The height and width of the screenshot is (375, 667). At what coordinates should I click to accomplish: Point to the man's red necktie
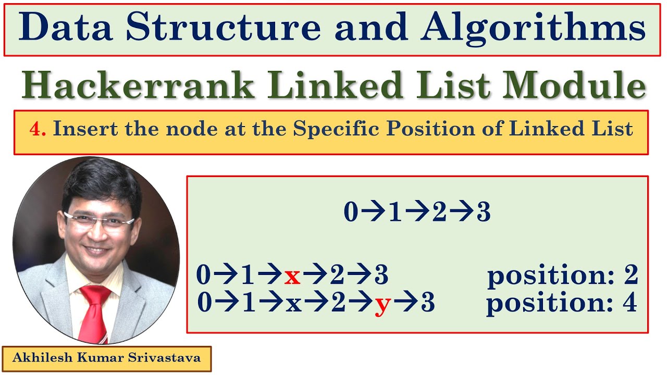[94, 312]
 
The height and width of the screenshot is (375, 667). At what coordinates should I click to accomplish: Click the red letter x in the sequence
[292, 277]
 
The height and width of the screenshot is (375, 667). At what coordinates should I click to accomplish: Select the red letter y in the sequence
[382, 304]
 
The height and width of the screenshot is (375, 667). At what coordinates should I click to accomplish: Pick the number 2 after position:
[631, 276]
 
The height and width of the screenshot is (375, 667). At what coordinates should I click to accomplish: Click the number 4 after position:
[629, 303]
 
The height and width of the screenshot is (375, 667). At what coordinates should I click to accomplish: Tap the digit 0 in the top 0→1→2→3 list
[351, 213]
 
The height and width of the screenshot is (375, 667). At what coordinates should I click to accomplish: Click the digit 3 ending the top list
[483, 213]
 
